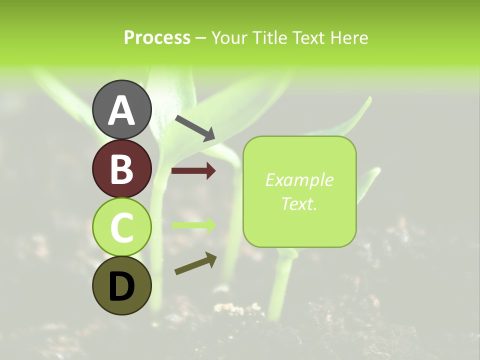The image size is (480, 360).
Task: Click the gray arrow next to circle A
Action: [x=194, y=127]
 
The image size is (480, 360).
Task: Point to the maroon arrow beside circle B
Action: [x=193, y=171]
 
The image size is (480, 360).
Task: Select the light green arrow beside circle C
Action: [x=193, y=225]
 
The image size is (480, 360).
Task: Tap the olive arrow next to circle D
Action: [x=195, y=263]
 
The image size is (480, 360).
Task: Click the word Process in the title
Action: [x=157, y=37]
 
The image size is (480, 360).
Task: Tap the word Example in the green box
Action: [x=299, y=180]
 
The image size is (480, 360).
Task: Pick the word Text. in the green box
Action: [x=299, y=203]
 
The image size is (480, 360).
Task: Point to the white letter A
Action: [x=121, y=110]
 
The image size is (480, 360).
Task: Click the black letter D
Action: [x=121, y=287]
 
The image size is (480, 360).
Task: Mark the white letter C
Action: [x=121, y=228]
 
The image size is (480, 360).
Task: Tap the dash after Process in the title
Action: [x=200, y=38]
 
